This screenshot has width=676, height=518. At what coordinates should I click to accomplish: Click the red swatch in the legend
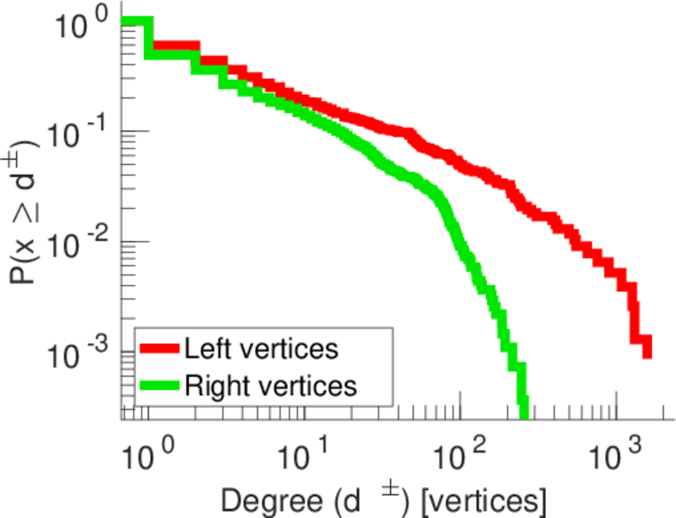coord(159,349)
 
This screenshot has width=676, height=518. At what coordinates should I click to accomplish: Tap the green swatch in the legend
coord(159,385)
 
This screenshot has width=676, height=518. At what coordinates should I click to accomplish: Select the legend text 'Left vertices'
coord(261,349)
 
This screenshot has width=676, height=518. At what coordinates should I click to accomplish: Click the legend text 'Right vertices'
coord(270,385)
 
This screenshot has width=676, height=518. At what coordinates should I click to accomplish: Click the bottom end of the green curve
coord(523,413)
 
